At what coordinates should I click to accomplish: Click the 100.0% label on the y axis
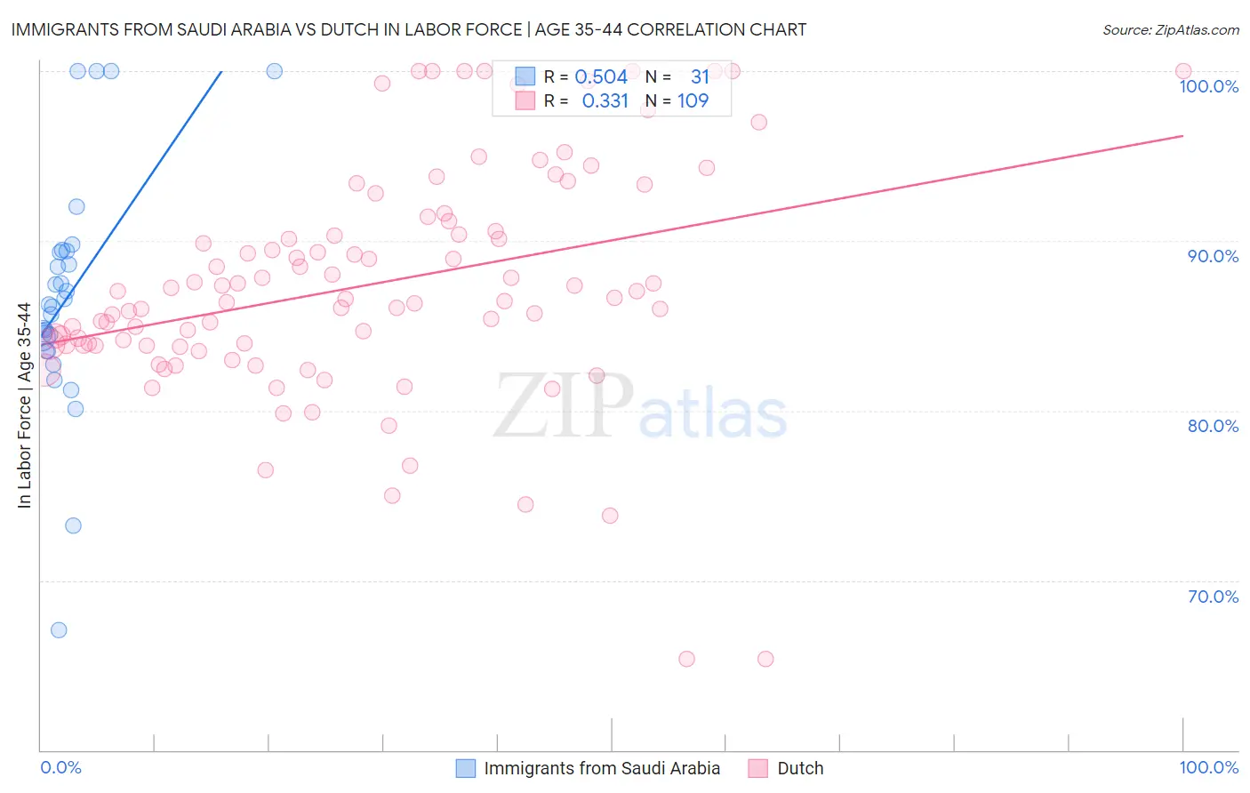[1208, 86]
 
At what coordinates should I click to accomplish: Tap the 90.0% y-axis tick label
[1213, 256]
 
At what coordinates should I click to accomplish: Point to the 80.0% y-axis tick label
[1213, 426]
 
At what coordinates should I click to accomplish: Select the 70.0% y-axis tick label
[1213, 597]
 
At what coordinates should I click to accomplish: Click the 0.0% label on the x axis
[60, 767]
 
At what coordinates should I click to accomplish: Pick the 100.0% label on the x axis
[1208, 767]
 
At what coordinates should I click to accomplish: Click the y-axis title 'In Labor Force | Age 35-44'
[24, 405]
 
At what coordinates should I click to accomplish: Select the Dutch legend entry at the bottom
[799, 768]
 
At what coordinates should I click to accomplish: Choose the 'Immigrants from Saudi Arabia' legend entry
[601, 768]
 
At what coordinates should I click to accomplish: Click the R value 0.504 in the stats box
[601, 76]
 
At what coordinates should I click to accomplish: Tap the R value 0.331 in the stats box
[605, 100]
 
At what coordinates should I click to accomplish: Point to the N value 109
[693, 100]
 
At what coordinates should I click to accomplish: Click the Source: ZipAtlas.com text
[1170, 29]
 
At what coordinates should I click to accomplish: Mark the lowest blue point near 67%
[59, 630]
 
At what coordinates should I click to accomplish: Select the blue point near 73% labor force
[73, 525]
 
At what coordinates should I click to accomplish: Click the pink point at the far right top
[1182, 71]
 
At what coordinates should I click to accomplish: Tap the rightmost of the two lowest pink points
[765, 659]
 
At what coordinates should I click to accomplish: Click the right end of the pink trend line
[1182, 136]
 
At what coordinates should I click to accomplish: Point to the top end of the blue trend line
[220, 71]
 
